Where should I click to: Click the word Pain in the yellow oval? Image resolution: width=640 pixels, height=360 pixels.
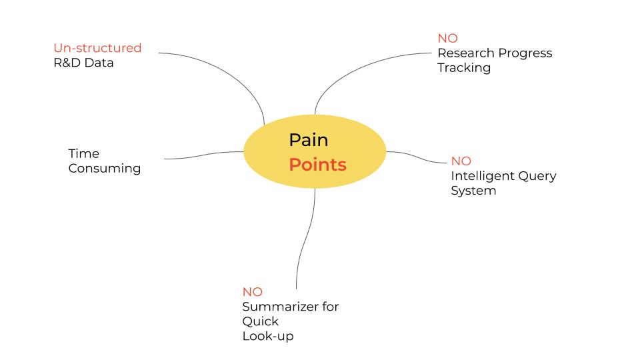click(308, 141)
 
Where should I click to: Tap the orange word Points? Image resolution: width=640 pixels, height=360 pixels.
click(317, 165)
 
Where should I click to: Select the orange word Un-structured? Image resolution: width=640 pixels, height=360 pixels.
click(97, 48)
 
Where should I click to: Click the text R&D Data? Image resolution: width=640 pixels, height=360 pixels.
click(83, 63)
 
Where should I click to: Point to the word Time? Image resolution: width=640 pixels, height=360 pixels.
click(83, 154)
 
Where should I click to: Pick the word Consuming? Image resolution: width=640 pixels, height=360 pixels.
click(105, 169)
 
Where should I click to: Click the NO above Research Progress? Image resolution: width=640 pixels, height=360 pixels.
click(447, 39)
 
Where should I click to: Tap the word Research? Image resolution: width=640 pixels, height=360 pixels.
click(467, 53)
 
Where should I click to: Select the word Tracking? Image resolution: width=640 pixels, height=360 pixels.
click(464, 68)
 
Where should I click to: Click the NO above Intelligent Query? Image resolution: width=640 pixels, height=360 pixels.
click(461, 161)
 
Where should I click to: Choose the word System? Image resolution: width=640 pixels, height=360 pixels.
click(473, 191)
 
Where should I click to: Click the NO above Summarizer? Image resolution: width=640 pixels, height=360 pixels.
click(253, 292)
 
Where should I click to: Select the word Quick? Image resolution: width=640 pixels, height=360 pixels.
click(260, 321)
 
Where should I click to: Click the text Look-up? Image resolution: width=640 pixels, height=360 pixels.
click(267, 336)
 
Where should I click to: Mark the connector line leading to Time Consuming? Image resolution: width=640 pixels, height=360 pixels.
click(200, 155)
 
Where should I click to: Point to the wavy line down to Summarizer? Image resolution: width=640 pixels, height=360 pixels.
click(305, 240)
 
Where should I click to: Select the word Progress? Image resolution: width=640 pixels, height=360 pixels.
click(525, 53)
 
